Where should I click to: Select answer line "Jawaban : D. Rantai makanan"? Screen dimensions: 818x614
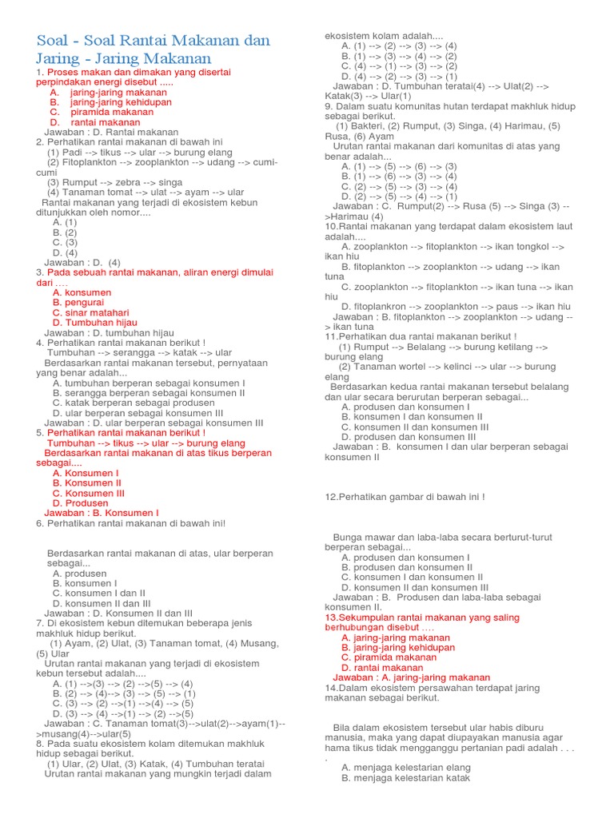pyautogui.click(x=112, y=132)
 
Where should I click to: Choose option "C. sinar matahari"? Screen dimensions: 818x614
pyautogui.click(x=90, y=312)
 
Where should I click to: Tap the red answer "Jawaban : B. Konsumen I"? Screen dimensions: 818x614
pyautogui.click(x=102, y=513)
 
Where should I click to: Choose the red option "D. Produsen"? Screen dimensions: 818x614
pyautogui.click(x=80, y=503)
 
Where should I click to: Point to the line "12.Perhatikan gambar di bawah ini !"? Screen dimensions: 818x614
pyautogui.click(x=405, y=497)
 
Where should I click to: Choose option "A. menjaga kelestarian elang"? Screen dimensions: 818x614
pyautogui.click(x=405, y=767)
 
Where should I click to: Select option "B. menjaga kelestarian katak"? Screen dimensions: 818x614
pyautogui.click(x=406, y=777)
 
